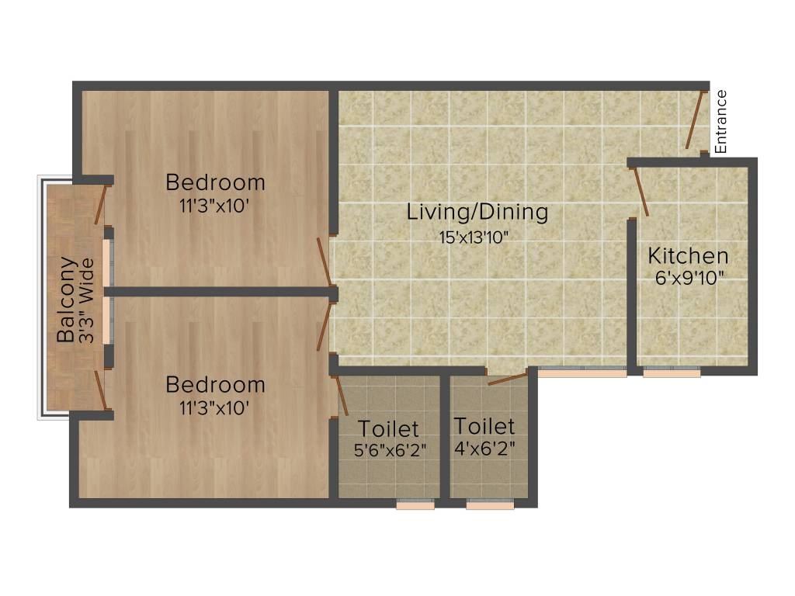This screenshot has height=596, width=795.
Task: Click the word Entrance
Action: [721, 121]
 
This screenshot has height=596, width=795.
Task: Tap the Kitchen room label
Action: [688, 255]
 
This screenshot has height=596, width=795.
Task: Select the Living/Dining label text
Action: [477, 211]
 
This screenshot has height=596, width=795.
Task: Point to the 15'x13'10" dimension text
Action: [477, 237]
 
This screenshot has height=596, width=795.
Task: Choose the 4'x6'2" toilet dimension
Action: [484, 448]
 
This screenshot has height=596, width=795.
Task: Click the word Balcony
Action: [67, 300]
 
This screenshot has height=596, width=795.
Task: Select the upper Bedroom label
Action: [215, 183]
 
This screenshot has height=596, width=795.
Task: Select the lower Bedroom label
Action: [215, 385]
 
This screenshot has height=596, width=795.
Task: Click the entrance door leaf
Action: [696, 119]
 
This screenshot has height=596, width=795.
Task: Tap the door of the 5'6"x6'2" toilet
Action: [340, 396]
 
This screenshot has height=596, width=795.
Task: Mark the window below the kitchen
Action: [672, 372]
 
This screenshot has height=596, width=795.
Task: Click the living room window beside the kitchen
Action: [582, 372]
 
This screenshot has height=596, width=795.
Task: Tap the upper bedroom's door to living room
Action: [324, 261]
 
